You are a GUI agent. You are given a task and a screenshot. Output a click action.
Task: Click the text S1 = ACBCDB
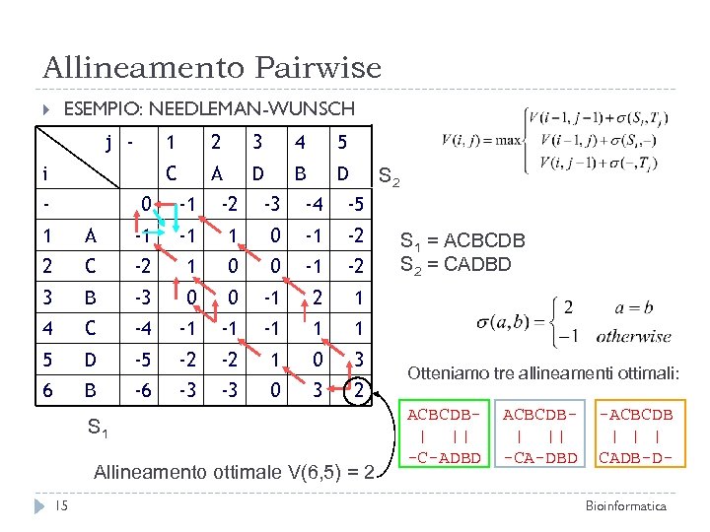tap(461, 241)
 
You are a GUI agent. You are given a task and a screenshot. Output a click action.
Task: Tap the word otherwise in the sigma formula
tap(633, 336)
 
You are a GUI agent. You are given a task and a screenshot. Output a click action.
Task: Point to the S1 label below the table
tap(96, 429)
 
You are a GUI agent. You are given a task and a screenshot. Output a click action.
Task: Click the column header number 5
tap(342, 143)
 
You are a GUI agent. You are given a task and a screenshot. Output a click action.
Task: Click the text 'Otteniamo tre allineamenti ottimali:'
tap(544, 374)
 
